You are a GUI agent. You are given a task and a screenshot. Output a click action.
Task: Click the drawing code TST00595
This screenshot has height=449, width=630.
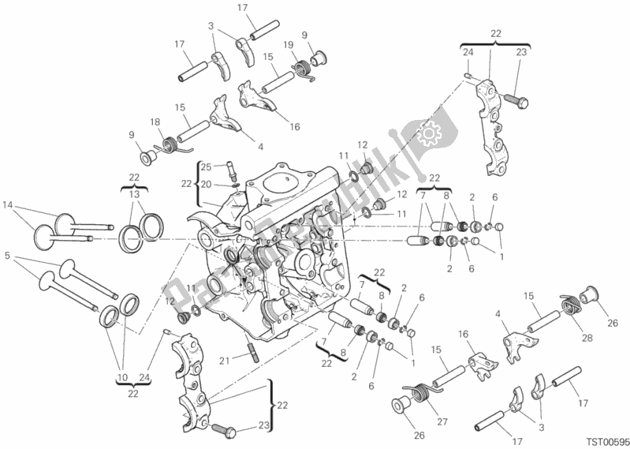pos(603,442)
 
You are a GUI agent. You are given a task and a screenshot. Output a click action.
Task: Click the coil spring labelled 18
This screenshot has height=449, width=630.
pos(169,145)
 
